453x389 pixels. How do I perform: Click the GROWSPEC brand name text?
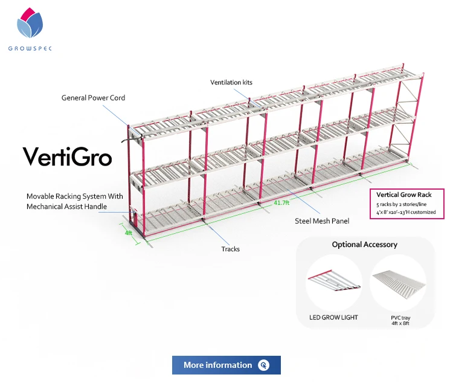30,48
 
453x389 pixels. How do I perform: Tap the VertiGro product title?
68,156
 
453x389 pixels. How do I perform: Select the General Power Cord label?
93,98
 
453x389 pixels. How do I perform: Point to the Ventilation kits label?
232,82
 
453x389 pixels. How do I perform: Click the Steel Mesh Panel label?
322,221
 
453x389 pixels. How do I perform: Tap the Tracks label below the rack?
230,249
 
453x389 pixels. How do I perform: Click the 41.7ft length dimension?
281,203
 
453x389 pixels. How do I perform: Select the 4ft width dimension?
128,233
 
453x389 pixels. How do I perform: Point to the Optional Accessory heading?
365,245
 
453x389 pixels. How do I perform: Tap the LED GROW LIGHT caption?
333,318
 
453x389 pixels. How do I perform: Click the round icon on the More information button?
263,365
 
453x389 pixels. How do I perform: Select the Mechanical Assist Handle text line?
66,207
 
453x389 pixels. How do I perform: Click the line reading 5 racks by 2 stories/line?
400,204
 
